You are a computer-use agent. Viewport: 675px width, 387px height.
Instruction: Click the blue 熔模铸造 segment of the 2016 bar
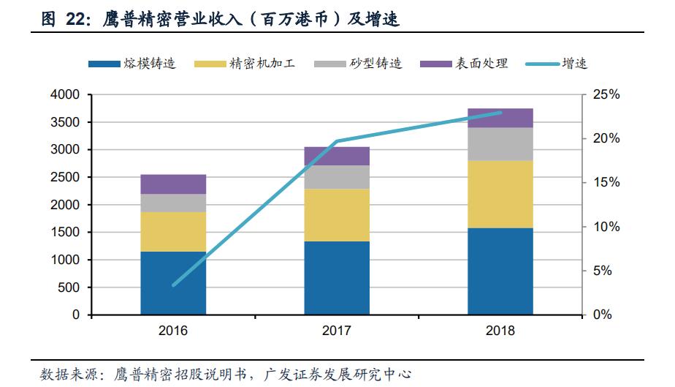tap(173, 283)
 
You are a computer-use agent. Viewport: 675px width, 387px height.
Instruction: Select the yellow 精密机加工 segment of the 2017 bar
tap(337, 215)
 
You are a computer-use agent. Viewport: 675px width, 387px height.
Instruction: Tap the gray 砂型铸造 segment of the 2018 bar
tap(500, 144)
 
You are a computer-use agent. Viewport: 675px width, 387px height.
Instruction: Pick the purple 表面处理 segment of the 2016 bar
tap(173, 184)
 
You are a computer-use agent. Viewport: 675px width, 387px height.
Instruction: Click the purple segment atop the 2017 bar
tap(337, 156)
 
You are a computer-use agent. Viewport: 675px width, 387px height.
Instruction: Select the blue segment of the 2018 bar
tap(500, 271)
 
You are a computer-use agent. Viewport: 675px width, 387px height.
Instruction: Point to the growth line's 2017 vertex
tap(337, 141)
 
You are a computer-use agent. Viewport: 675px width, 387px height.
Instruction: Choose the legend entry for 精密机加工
tap(244, 64)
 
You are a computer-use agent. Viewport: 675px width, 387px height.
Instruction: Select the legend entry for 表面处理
tap(464, 64)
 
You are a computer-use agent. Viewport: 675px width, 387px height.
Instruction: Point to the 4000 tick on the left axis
tap(67, 95)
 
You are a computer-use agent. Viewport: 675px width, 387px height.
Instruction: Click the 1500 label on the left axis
tap(67, 233)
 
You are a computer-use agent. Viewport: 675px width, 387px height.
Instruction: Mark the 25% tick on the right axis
tap(606, 95)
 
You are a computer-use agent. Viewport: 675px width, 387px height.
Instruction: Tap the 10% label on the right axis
tap(606, 227)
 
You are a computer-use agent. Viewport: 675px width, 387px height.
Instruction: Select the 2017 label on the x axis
tap(337, 331)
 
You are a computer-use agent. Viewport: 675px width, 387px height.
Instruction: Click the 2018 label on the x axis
tap(500, 331)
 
